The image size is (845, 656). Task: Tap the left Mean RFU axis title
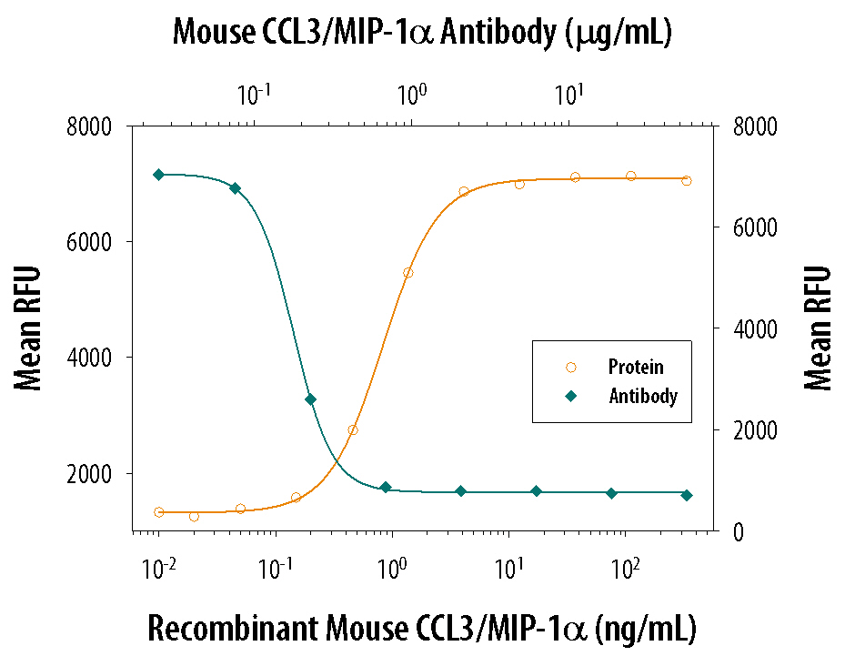pos(29,328)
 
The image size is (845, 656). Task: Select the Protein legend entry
pos(636,368)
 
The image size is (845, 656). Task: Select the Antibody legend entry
pos(642,396)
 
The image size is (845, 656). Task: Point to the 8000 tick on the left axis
pos(89,126)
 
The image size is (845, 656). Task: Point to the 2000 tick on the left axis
pos(89,473)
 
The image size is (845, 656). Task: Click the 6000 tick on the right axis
pos(753,227)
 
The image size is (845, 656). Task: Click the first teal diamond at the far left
pos(158,175)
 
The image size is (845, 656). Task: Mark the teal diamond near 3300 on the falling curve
pos(310,399)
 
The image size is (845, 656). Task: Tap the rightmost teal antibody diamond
pos(687,495)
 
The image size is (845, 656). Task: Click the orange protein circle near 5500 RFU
pos(407,273)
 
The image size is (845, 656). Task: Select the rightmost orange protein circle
pos(686,180)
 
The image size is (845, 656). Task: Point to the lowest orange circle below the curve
pos(194,517)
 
